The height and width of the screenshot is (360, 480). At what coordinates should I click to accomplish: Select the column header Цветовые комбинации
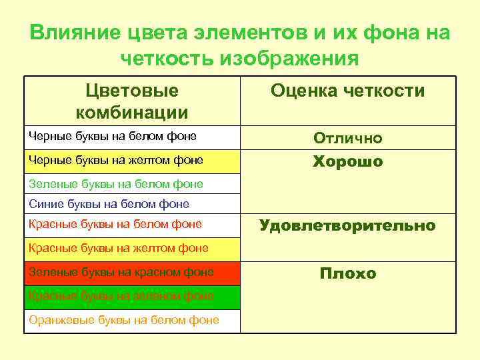(132, 101)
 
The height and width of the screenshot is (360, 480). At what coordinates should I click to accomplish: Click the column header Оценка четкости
(347, 91)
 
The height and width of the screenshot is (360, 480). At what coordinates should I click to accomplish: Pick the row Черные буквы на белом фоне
(113, 137)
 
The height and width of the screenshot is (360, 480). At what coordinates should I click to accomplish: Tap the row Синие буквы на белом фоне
(109, 204)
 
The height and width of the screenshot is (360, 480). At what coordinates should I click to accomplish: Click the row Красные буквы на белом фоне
(115, 225)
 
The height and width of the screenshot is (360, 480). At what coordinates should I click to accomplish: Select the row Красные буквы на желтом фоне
(119, 248)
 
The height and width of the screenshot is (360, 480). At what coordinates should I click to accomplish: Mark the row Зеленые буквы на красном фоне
(121, 272)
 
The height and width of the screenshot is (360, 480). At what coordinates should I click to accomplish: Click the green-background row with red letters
(121, 295)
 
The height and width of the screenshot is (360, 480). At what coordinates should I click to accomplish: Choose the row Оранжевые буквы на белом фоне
(124, 320)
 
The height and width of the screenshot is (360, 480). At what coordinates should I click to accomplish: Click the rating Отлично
(348, 139)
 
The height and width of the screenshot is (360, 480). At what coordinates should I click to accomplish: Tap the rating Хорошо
(348, 162)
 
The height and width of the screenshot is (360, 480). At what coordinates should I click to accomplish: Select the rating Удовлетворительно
(347, 225)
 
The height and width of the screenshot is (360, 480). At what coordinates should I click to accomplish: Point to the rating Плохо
(348, 273)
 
